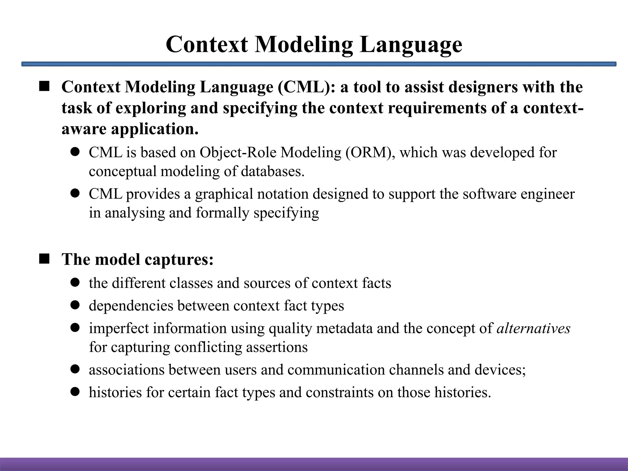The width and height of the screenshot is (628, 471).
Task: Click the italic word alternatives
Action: (x=533, y=328)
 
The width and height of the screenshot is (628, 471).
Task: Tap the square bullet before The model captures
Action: (x=44, y=259)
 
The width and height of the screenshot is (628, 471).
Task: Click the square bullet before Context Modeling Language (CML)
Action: (x=44, y=87)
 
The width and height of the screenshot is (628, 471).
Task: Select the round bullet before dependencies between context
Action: (x=75, y=305)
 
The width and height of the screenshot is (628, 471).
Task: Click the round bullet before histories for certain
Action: (x=75, y=392)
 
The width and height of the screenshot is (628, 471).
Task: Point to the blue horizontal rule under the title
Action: (x=319, y=64)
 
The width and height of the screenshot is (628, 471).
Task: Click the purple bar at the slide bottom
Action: (x=314, y=464)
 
